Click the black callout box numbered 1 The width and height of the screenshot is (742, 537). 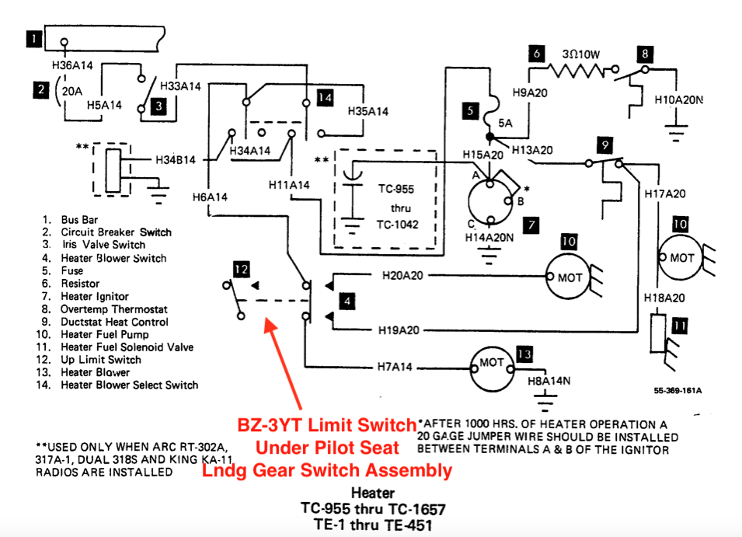point(34,39)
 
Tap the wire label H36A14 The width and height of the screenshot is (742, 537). point(72,65)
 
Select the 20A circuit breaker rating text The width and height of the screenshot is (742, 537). point(72,91)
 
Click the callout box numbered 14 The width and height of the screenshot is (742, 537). point(325,98)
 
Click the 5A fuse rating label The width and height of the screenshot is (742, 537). point(505,123)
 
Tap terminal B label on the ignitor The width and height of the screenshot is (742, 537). point(521,201)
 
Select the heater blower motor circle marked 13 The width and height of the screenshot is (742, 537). point(492,369)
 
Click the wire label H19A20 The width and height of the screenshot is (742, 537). point(399,330)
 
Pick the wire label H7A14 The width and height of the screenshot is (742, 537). point(395,367)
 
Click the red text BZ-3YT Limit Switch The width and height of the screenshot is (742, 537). point(326,425)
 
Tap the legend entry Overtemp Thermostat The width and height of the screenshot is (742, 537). point(114,309)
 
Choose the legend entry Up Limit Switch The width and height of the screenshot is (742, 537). point(101,360)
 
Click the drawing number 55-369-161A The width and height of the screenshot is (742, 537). point(678,390)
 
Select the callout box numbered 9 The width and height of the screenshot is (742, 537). point(604,145)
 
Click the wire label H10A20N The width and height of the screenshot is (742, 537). point(678,99)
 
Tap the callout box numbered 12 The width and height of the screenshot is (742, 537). point(242,269)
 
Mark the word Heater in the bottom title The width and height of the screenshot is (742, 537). point(373,493)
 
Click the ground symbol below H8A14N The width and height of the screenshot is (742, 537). point(545,402)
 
